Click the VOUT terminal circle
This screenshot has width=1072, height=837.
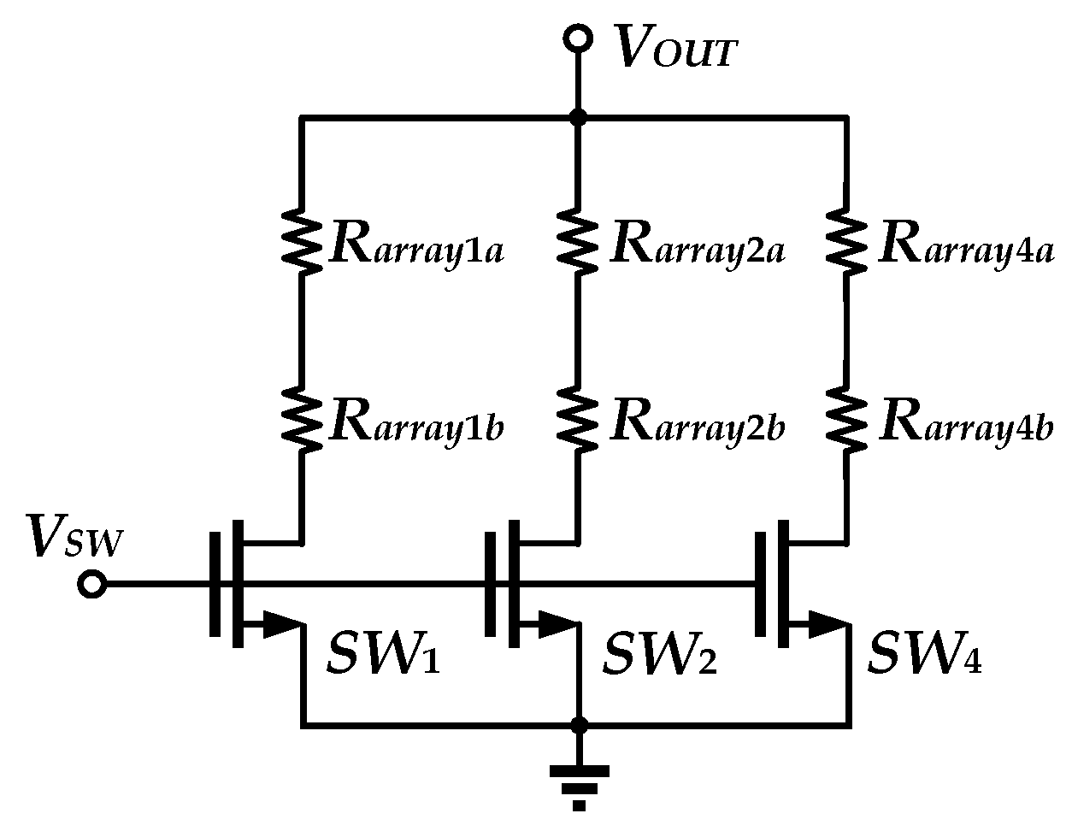coord(578,39)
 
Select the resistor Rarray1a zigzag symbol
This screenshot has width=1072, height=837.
coord(301,242)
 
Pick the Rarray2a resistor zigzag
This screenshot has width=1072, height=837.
coord(579,242)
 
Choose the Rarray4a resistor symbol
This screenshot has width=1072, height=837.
coord(847,242)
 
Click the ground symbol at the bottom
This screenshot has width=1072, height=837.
coord(580,782)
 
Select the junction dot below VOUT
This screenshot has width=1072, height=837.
coord(579,117)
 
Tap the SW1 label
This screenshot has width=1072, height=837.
coord(383,656)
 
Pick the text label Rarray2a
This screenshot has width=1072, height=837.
coord(697,247)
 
